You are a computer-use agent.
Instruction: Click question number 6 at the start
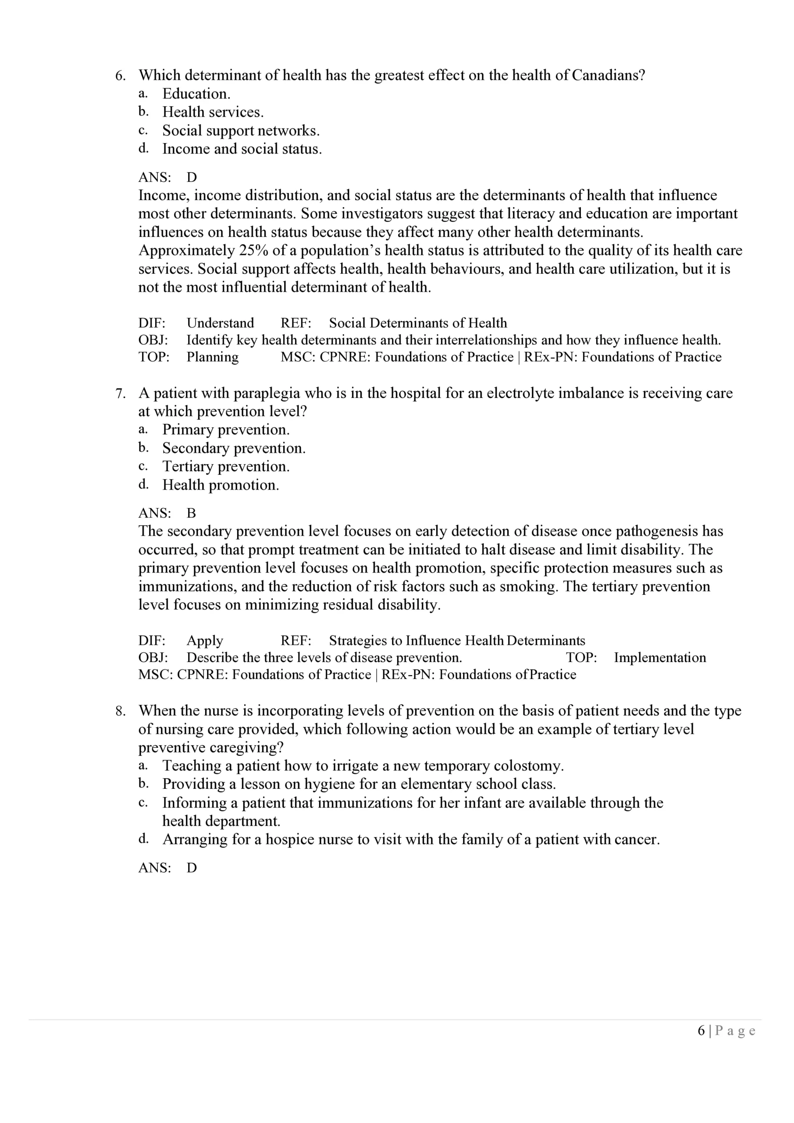tap(120, 76)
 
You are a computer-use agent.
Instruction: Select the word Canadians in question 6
tap(608, 75)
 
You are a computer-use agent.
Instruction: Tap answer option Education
tap(196, 94)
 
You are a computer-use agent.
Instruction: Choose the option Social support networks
tap(241, 131)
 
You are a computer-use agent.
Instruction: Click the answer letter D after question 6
tap(192, 178)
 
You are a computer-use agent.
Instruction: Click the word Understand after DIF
tap(220, 323)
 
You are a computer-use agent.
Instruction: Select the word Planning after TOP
tap(212, 357)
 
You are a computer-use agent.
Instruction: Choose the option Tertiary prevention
tap(226, 467)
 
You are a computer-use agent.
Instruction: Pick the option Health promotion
tap(221, 485)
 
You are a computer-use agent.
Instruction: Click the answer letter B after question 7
tap(191, 513)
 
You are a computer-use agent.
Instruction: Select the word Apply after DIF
tap(204, 641)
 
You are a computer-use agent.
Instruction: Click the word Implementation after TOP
tap(659, 658)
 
